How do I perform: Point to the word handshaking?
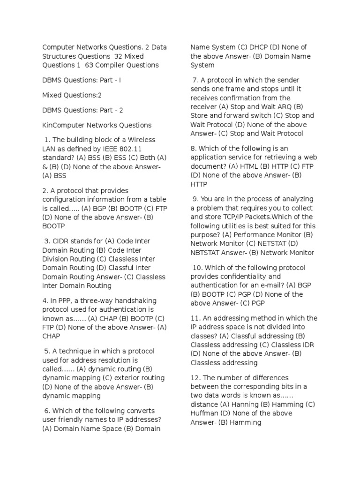point(136,300)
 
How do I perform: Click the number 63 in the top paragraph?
point(90,65)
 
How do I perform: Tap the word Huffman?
point(205,413)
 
